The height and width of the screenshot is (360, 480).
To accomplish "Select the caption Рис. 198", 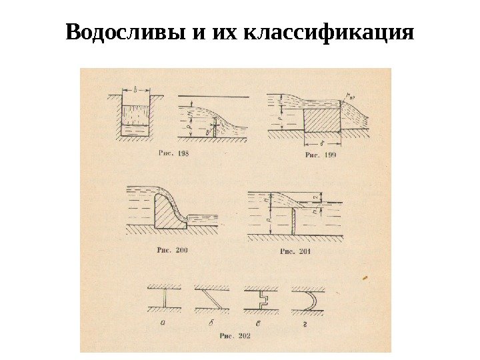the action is coord(174,153).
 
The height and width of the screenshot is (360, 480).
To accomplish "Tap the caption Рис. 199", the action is coord(320,155).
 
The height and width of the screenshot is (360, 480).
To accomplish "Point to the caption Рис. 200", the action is coord(173,250).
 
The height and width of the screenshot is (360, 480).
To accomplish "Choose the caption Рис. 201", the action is coord(295,252).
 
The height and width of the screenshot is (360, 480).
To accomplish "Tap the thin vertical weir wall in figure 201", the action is coord(293,219).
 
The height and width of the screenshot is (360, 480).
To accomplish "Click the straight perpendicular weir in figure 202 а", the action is coord(163,299).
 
